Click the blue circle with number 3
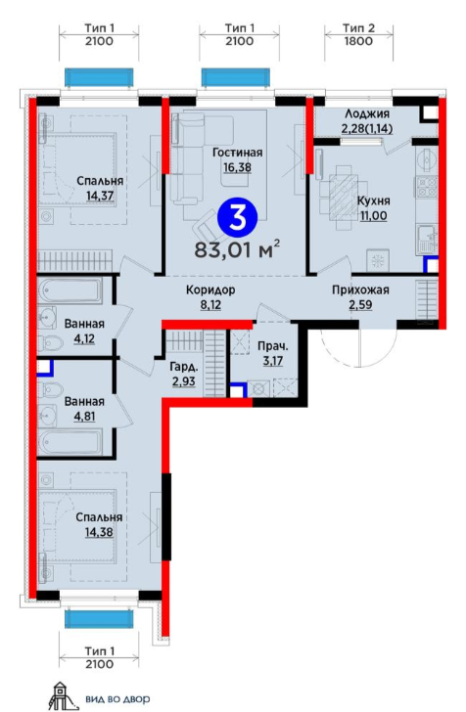237,218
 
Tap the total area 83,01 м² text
237,249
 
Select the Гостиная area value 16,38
237,167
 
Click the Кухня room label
373,201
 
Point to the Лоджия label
367,113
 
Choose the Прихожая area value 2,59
360,305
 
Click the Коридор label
210,289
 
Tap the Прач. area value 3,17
273,362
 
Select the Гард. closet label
184,367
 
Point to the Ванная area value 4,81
84,417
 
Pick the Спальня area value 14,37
100,196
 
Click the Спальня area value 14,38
99,532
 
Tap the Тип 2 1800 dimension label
358,34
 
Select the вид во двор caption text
117,699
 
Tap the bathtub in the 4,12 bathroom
70,291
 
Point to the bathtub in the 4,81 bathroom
70,442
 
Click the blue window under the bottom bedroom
99,618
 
